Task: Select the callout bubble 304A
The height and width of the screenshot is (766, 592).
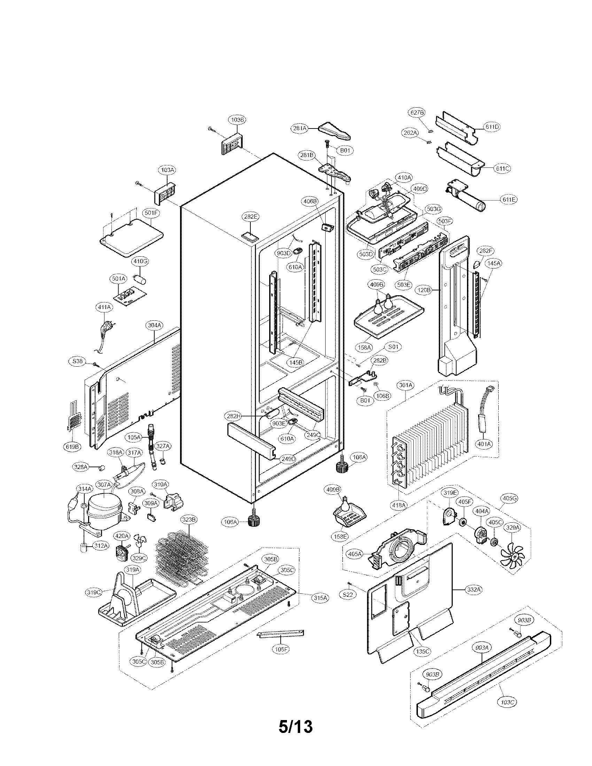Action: click(154, 325)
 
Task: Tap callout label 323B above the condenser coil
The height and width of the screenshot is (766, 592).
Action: click(189, 519)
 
